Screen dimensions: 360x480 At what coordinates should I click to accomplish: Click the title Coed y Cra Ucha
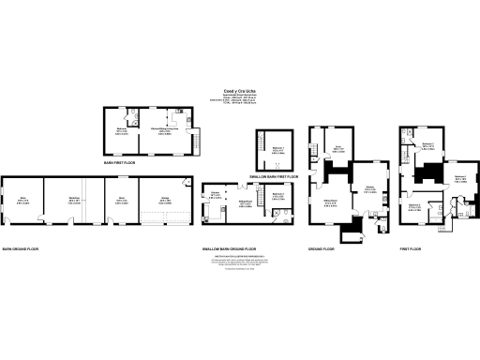tap(238, 91)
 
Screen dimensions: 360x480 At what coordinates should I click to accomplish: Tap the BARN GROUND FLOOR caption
tap(20, 248)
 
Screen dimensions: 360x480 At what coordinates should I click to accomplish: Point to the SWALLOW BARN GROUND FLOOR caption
tap(230, 248)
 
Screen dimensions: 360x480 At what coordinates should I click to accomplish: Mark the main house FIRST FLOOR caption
tap(415, 248)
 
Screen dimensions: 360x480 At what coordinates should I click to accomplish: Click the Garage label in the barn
tap(165, 198)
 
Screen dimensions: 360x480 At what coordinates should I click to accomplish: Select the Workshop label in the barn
tap(73, 198)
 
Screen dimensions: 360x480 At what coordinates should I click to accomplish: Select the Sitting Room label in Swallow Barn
tap(245, 200)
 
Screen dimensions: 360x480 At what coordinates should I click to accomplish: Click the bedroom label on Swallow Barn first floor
tap(276, 148)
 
